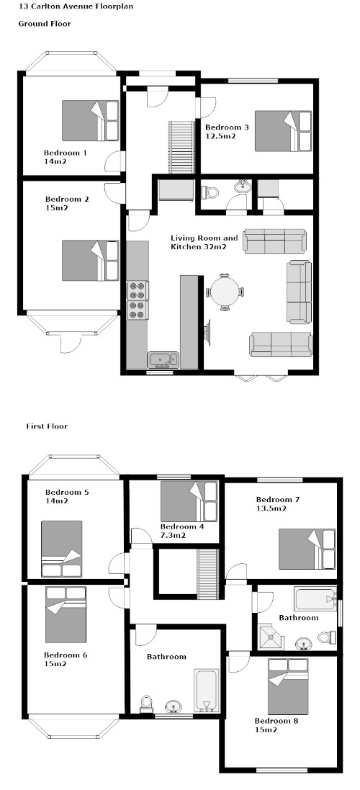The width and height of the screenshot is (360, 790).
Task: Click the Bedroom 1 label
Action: [66, 153]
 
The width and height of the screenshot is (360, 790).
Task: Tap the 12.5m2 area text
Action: [220, 136]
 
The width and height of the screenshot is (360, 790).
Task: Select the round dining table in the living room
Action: [225, 291]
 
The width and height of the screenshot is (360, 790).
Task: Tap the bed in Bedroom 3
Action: [284, 131]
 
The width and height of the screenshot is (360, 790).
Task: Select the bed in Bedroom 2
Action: [90, 260]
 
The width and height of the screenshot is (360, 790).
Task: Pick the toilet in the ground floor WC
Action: [210, 192]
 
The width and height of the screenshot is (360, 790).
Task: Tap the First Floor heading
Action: [47, 426]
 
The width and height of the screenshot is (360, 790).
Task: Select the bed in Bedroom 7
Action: [307, 549]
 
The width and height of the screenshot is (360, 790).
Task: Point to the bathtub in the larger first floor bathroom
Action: [207, 690]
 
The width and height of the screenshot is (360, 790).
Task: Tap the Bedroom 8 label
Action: [276, 721]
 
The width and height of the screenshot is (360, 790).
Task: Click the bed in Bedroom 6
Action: [66, 614]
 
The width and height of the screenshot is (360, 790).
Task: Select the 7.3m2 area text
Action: [174, 535]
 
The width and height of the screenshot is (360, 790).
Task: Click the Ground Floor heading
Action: [45, 23]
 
